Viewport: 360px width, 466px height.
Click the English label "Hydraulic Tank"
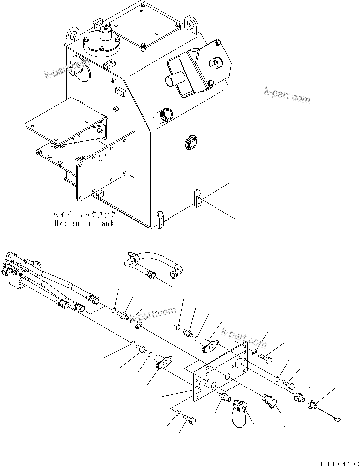[x=84, y=223]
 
